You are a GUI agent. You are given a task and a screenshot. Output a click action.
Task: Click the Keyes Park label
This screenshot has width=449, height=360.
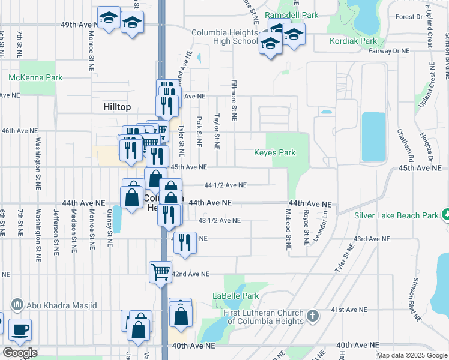point(275,153)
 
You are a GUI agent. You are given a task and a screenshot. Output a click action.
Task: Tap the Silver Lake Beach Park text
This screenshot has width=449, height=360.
point(396,215)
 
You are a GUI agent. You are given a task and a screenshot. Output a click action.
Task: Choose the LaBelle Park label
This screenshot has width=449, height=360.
point(236,296)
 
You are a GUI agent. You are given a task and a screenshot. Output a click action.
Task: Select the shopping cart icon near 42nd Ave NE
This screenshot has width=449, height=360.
point(161,272)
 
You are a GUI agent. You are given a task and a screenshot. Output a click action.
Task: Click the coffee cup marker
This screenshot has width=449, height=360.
point(20,329)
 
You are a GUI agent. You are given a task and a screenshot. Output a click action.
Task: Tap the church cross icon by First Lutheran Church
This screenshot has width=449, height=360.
point(312,316)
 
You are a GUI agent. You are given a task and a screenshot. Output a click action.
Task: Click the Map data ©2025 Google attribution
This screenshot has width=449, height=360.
point(412,355)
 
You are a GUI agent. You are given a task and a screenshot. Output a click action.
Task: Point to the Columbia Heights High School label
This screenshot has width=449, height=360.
point(224,37)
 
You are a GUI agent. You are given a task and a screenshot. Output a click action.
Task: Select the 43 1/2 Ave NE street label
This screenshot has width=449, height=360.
point(219,221)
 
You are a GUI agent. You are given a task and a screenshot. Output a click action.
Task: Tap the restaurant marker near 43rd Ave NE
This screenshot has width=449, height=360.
point(184,243)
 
